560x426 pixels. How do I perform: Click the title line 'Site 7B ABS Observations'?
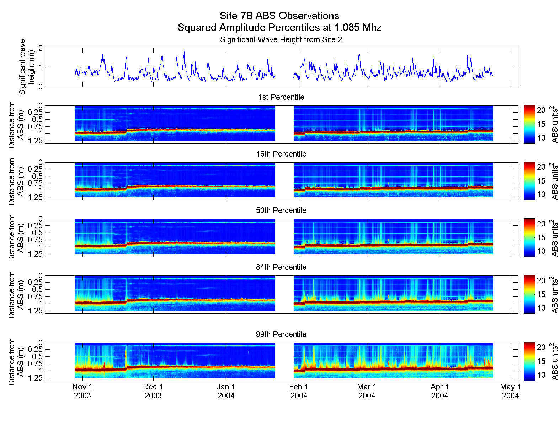pos(279,16)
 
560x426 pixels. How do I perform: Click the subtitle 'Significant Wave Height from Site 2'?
pos(281,40)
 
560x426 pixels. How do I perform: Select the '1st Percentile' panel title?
pos(281,97)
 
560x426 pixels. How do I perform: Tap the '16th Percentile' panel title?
pos(281,154)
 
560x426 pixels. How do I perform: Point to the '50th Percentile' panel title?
pos(281,211)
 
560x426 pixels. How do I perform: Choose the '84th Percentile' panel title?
pos(281,267)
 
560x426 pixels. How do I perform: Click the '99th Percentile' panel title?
pos(281,334)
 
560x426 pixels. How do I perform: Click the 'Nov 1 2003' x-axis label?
pos(82,391)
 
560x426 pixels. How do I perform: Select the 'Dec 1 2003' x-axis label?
pos(153,391)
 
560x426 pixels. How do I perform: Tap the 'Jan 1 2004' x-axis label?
pos(226,391)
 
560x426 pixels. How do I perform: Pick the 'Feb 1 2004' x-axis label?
pos(299,391)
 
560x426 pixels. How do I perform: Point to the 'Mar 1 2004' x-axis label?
pos(367,391)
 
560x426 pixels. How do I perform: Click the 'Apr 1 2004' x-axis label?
pos(439,391)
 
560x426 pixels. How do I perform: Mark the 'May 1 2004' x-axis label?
pos(510,391)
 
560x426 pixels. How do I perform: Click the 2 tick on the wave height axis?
pos(41,48)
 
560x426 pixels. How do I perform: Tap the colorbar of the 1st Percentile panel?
pos(529,124)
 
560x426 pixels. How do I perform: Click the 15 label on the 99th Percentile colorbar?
pos(541,361)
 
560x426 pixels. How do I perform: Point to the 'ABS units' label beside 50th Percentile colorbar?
pos(554,238)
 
